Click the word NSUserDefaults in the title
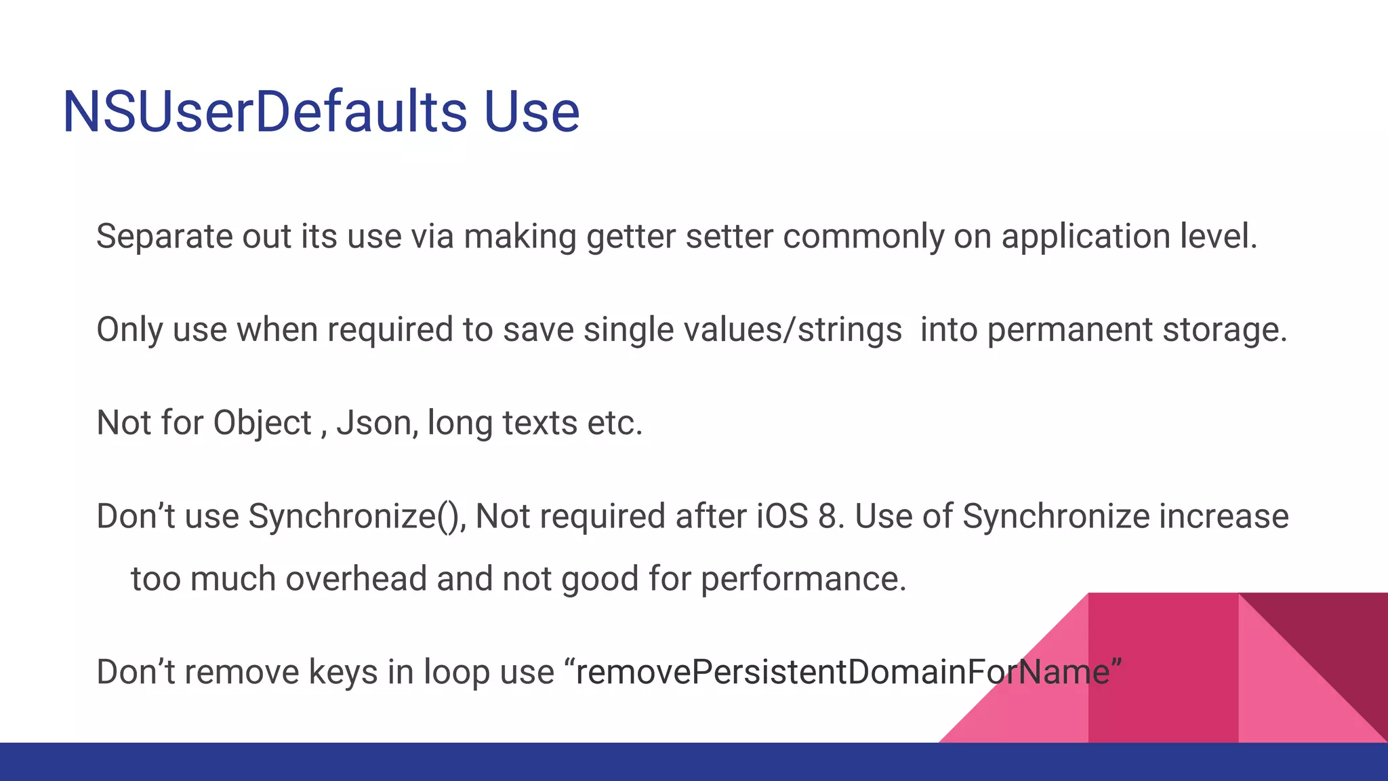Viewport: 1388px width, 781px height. [x=264, y=112]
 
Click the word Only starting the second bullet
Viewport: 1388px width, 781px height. [x=129, y=330]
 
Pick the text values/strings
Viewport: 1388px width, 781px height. [x=792, y=330]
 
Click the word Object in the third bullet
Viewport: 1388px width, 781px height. [x=262, y=424]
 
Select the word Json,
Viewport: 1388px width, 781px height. [x=377, y=424]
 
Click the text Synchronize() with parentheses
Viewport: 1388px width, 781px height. [x=356, y=517]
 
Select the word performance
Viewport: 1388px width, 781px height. [x=803, y=580]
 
